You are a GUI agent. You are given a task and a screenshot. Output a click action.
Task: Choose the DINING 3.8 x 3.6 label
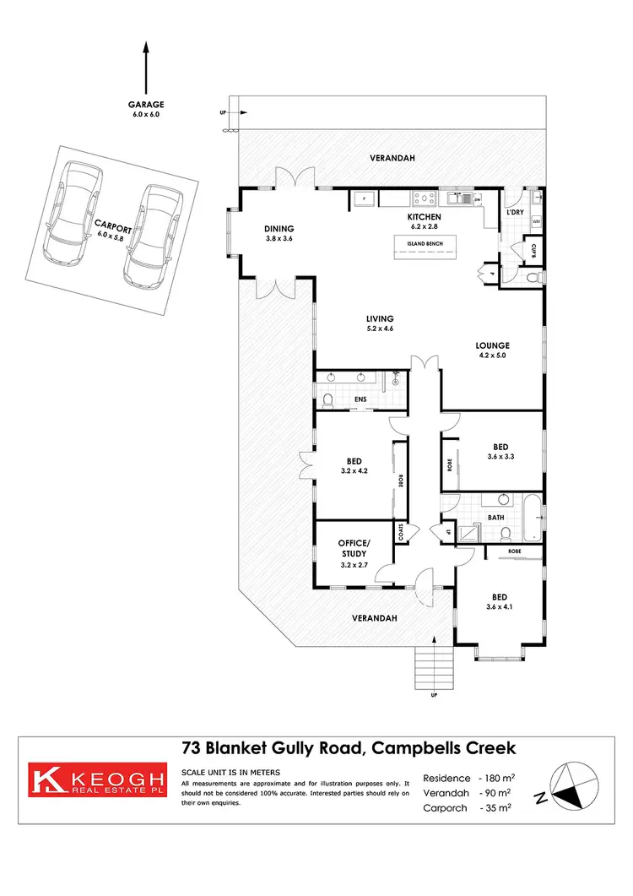(x=279, y=233)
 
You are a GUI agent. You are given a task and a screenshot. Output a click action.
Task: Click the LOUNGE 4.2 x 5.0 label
(x=493, y=350)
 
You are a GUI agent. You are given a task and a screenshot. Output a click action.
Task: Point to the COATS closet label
(x=401, y=533)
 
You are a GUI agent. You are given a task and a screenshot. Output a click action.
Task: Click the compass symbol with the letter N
(x=569, y=786)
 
